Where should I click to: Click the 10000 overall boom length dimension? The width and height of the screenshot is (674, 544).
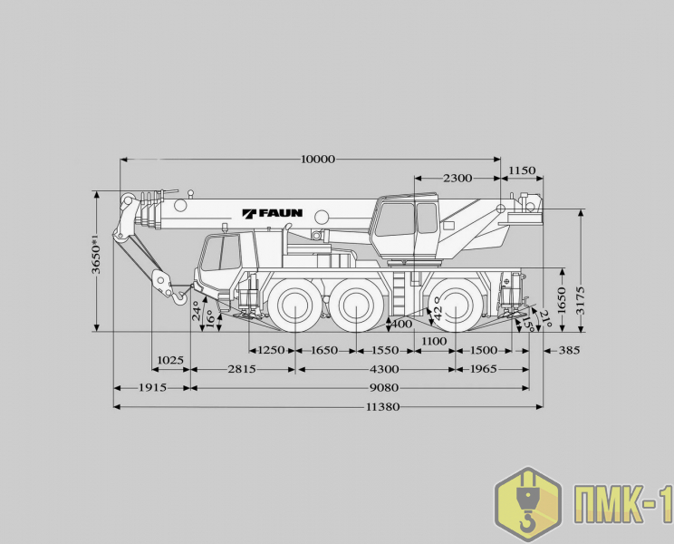click(318, 159)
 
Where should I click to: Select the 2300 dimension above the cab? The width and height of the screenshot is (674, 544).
click(457, 178)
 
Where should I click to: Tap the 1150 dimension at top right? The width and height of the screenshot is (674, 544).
click(522, 170)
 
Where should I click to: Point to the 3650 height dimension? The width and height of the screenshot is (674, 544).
click(96, 253)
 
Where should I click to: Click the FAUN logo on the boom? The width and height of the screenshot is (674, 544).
click(273, 213)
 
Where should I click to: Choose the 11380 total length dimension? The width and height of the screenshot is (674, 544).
click(382, 406)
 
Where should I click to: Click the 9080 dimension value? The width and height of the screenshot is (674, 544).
click(384, 387)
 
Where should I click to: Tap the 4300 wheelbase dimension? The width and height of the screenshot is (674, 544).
click(384, 368)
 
